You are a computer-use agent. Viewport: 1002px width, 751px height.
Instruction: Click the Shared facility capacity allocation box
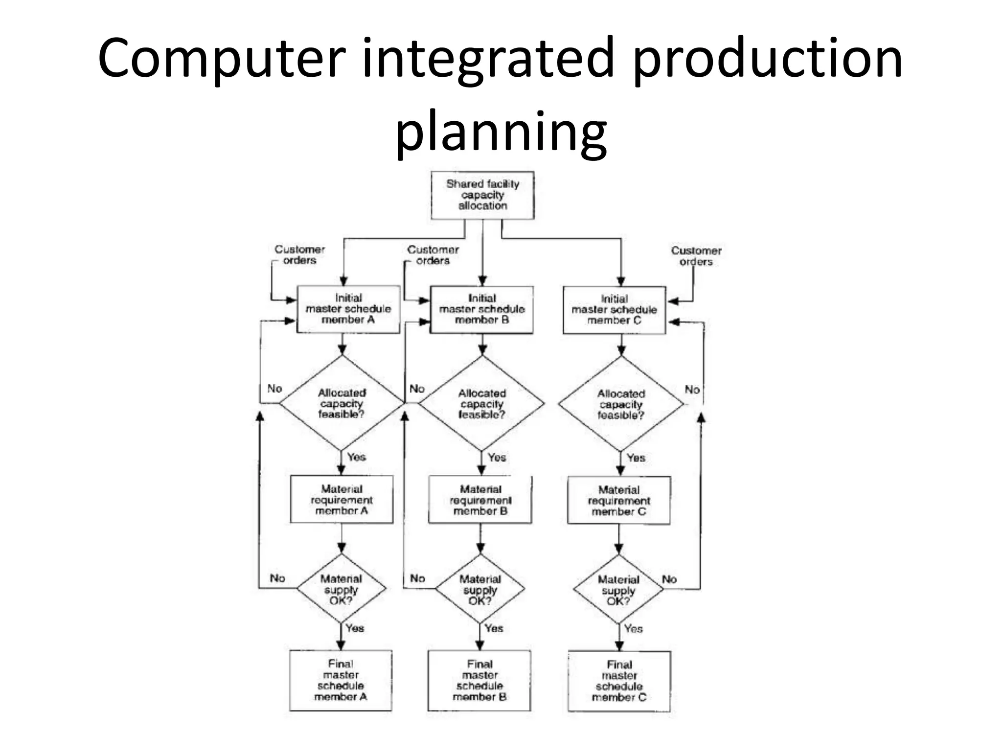coord(482,195)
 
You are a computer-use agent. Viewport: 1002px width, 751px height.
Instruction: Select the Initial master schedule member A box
coord(348,309)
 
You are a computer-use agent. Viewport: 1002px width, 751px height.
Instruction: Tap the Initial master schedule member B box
coord(482,309)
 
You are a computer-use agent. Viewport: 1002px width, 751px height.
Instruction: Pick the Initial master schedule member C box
coord(615,310)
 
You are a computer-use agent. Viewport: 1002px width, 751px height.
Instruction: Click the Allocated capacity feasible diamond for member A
coord(342,403)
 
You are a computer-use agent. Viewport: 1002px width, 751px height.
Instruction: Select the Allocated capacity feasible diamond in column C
coord(621,404)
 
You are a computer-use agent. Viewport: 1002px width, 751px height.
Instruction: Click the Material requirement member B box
coord(480,500)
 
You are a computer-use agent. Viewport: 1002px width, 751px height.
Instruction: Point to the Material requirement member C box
coord(619,501)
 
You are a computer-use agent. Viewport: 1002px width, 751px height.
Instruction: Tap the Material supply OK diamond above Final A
coord(342,589)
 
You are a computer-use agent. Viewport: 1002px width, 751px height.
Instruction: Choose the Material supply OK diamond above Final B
coord(480,590)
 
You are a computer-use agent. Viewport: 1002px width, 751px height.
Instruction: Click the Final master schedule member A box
coord(341,680)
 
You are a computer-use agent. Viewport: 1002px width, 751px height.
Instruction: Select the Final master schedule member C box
coord(619,681)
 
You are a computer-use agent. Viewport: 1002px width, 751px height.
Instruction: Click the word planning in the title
coord(501,131)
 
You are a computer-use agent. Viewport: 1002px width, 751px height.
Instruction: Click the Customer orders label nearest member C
coord(696,256)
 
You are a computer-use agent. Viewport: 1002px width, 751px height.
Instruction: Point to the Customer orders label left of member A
coord(299,255)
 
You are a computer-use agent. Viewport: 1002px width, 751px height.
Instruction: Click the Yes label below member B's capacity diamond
coord(497,458)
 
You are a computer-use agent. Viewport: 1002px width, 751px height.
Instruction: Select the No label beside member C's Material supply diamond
coord(669,579)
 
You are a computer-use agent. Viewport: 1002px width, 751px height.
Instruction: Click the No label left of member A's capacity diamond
coord(274,389)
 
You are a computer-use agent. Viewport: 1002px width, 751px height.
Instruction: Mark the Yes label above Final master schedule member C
coord(633,629)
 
